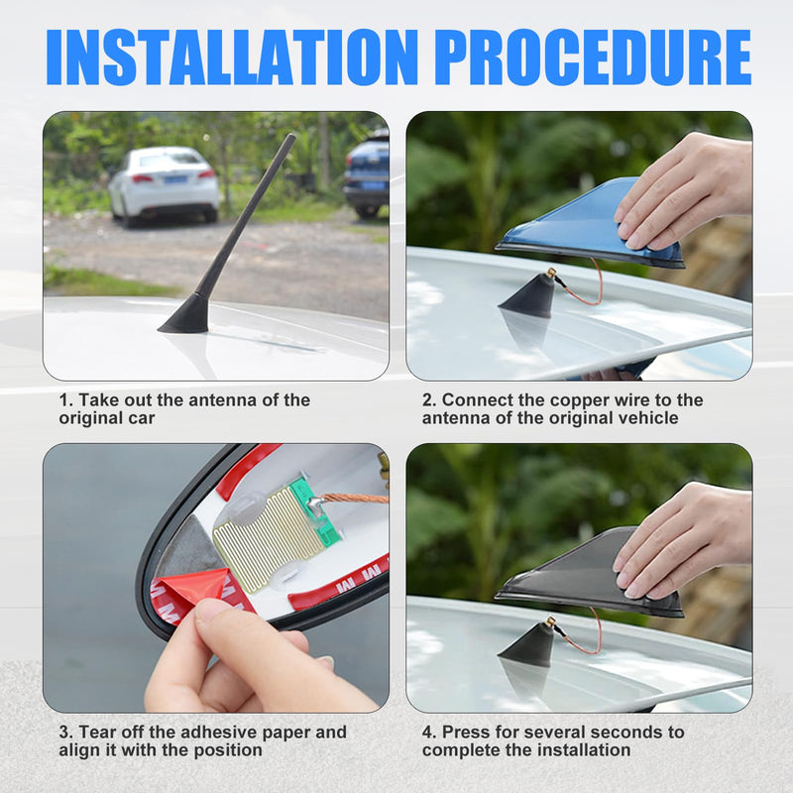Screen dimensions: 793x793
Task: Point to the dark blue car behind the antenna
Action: click(x=367, y=173)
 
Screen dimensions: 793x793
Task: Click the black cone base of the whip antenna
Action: click(x=185, y=315)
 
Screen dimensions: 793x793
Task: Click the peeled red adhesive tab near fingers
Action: click(x=193, y=590)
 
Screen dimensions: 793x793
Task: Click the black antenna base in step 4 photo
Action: click(x=528, y=644)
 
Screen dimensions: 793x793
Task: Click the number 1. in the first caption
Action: click(x=65, y=400)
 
